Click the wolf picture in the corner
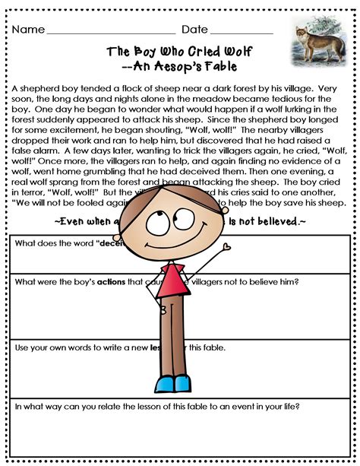tap(320, 43)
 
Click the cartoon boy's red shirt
tap(174, 281)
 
